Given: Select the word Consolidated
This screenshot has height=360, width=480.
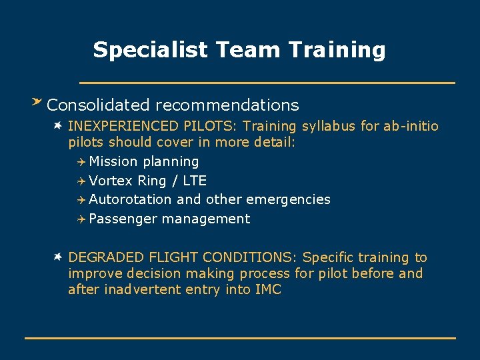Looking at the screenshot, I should pos(99,105).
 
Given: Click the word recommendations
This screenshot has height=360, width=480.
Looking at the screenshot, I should pos(227,105).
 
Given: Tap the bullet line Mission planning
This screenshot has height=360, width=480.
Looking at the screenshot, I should pos(143,161).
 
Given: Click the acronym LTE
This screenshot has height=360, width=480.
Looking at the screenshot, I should pos(194,181).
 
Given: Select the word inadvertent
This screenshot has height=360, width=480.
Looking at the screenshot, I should pos(140,289).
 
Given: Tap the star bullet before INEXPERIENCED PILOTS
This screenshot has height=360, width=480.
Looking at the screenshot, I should pos(59,125).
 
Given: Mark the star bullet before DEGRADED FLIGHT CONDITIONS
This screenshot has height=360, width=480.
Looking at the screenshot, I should pos(59,256).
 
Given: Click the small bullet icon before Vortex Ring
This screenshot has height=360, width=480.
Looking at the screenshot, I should pos(81,181).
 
